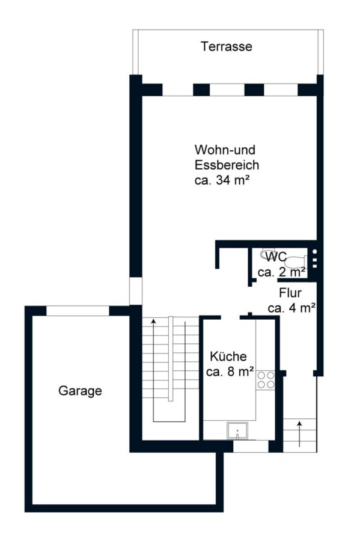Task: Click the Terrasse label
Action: [x=226, y=46]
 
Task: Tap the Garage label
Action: [x=80, y=391]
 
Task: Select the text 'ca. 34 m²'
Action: [x=222, y=180]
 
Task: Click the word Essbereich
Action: [x=227, y=165]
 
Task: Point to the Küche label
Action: [x=228, y=356]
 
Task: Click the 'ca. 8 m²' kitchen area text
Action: [x=230, y=371]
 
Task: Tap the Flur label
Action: [x=290, y=293]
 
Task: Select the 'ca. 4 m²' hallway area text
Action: [x=291, y=308]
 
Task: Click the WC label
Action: [x=276, y=257]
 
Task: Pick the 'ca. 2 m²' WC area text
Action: [x=281, y=272]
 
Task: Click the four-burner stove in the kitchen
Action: [x=266, y=379]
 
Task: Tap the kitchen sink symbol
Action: [x=237, y=430]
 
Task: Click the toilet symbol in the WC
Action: [x=296, y=262]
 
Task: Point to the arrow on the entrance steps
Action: [x=299, y=433]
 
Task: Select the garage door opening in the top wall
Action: [x=78, y=311]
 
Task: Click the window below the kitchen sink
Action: [x=251, y=446]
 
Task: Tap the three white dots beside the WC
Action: [x=314, y=258]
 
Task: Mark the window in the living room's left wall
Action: [x=135, y=291]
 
